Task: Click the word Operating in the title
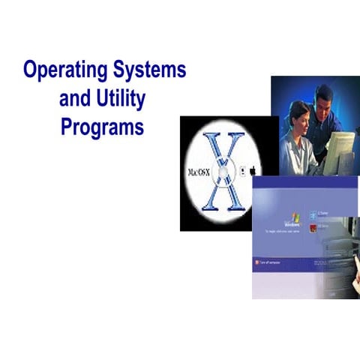click(64, 71)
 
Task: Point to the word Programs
click(101, 127)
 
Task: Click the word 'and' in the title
click(74, 98)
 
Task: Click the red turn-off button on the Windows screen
click(258, 262)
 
